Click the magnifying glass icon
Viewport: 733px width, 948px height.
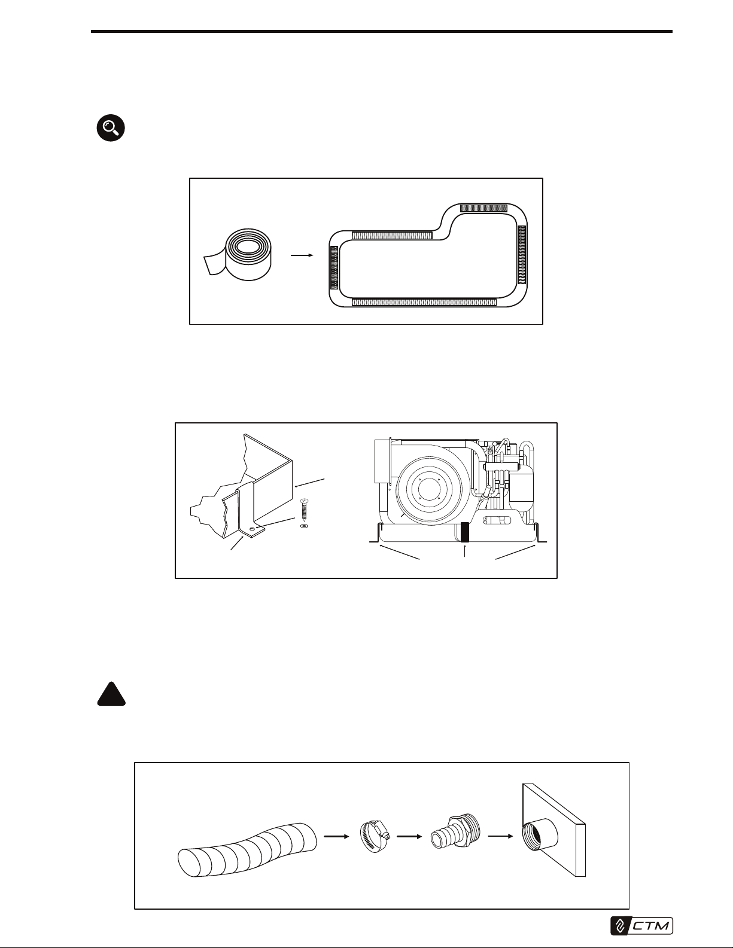click(111, 128)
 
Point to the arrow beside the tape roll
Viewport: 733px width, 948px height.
click(302, 255)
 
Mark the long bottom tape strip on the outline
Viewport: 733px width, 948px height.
click(424, 302)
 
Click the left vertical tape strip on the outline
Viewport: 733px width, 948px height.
click(334, 268)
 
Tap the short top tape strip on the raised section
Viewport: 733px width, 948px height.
click(484, 208)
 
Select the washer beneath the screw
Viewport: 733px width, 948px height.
click(304, 526)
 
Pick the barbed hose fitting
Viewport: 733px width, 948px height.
click(455, 834)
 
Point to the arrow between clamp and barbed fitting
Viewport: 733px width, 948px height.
click(410, 836)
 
